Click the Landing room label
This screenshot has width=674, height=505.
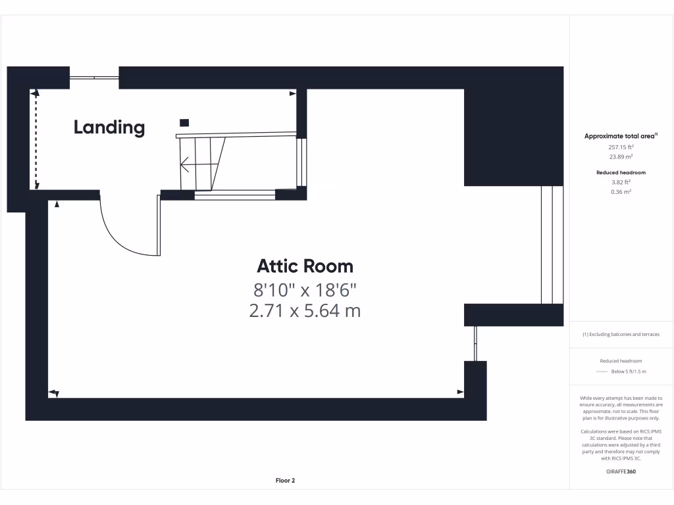click(109, 127)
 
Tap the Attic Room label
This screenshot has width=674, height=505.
click(305, 266)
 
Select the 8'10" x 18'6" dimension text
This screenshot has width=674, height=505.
click(305, 289)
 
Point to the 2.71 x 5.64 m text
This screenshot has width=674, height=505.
click(305, 310)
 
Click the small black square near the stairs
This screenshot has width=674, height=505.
click(184, 122)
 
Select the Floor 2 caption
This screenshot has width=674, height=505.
click(285, 481)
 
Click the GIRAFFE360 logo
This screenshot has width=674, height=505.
click(621, 471)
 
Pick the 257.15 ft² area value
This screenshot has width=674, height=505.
click(621, 147)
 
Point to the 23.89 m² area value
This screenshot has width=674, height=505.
click(621, 157)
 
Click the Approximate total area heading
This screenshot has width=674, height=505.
click(621, 136)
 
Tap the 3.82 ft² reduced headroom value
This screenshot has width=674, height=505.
click(621, 182)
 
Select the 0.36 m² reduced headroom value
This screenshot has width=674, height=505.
click(621, 192)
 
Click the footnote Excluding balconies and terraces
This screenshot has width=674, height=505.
click(621, 335)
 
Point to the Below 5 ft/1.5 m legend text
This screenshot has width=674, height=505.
click(629, 372)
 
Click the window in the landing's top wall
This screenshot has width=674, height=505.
click(95, 78)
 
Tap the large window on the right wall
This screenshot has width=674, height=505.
click(546, 245)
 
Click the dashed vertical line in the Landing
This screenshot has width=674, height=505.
click(36, 140)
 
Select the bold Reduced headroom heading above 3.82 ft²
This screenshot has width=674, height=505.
click(621, 172)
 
